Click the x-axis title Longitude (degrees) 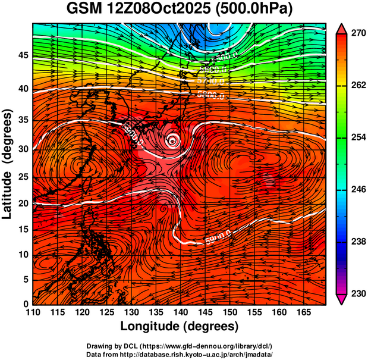(x=180, y=326)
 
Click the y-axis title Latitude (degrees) (x=8, y=164)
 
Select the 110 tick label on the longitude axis (x=33, y=312)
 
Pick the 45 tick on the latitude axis (x=22, y=55)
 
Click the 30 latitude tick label (x=22, y=149)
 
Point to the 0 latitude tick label (x=26, y=304)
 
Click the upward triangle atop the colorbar (x=342, y=28)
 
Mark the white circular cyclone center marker (x=172, y=140)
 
